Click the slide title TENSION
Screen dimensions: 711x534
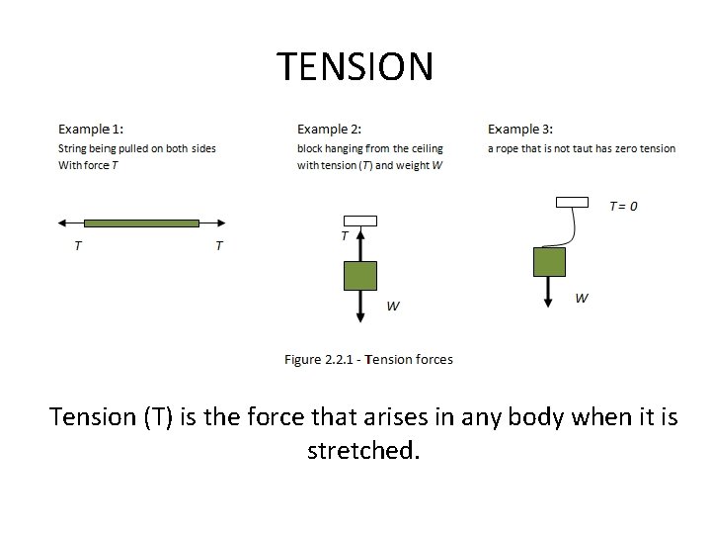[355, 67]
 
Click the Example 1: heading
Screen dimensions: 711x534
[91, 129]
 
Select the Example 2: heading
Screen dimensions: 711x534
[329, 129]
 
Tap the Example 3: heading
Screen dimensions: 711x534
[520, 129]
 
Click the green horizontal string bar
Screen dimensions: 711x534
[141, 222]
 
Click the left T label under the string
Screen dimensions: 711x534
[78, 245]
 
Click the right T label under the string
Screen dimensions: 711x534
[219, 245]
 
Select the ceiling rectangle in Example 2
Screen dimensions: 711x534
[360, 221]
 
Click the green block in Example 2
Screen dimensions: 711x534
[360, 275]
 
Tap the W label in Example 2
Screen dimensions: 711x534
[393, 306]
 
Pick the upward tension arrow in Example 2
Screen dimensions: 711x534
[360, 243]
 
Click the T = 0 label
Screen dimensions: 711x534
[622, 206]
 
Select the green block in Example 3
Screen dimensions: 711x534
[549, 262]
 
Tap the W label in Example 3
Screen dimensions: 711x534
[582, 298]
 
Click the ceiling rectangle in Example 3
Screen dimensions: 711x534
[572, 202]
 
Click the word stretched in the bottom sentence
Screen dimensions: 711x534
[363, 451]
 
